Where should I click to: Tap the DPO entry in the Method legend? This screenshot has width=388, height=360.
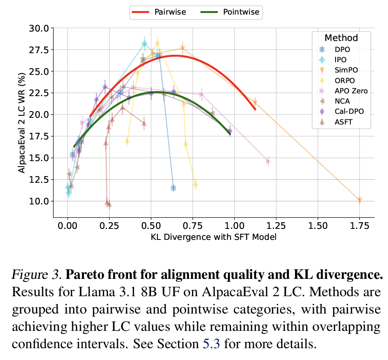341,50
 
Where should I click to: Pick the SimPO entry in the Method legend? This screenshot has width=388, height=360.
345,70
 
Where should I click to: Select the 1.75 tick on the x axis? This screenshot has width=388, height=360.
360,226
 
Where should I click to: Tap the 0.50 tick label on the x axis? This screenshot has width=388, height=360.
151,226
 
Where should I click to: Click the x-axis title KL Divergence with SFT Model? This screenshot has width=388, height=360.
213,237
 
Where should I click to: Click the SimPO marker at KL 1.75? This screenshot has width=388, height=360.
360,200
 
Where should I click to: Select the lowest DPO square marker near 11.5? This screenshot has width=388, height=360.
173,188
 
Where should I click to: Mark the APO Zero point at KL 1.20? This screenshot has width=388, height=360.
268,161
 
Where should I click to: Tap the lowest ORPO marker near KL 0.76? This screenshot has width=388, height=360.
195,185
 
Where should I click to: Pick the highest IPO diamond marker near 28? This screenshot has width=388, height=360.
145,44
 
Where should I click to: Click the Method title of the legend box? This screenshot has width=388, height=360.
341,38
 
